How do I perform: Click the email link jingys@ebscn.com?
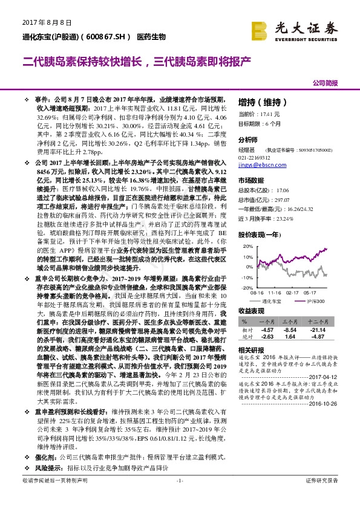point(257,164)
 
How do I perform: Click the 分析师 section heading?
point(247,138)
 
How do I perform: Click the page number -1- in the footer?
point(179,497)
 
